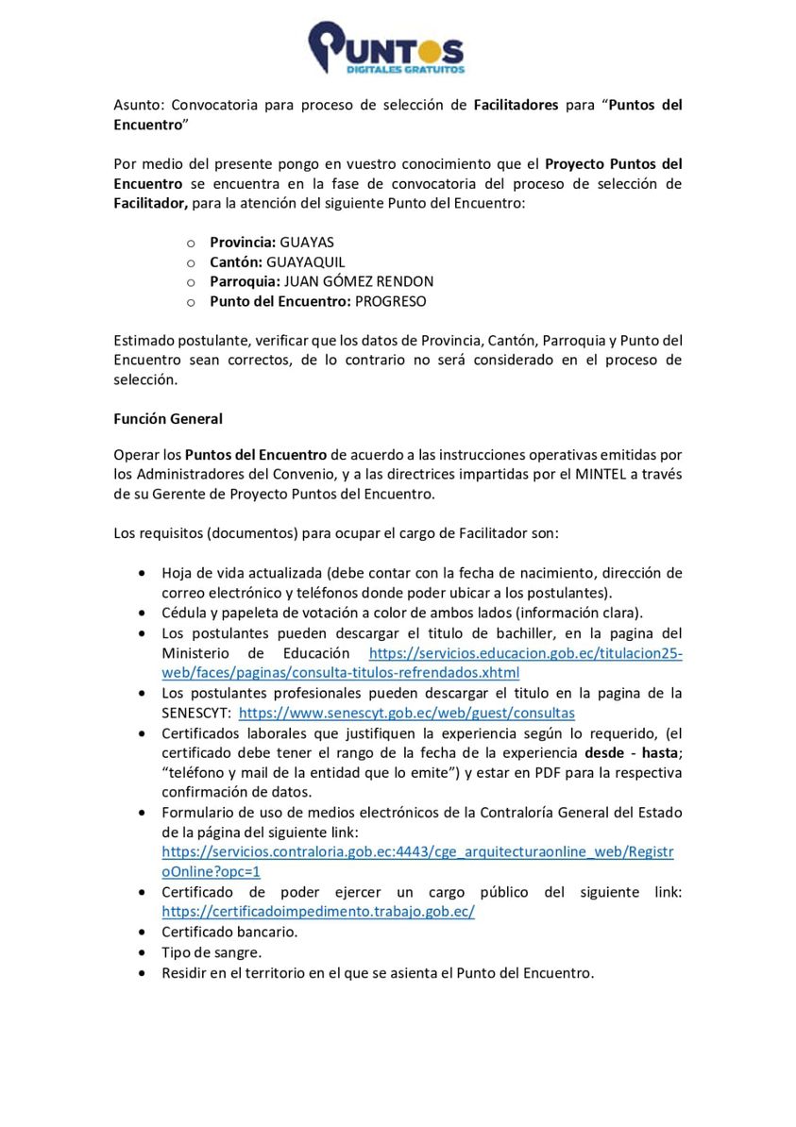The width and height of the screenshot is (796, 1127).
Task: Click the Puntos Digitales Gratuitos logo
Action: tap(386, 49)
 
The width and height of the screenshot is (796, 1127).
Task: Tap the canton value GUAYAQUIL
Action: tap(306, 261)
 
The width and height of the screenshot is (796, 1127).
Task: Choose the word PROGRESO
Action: tap(390, 301)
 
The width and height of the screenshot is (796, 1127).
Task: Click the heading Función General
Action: tap(168, 418)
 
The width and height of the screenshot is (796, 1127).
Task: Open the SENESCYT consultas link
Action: tap(406, 713)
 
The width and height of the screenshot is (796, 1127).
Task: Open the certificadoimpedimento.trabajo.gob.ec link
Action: tap(318, 912)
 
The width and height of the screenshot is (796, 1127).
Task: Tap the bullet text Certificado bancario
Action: tap(229, 932)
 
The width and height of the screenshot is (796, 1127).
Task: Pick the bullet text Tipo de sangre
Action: tap(212, 952)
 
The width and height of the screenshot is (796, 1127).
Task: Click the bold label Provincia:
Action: tap(243, 242)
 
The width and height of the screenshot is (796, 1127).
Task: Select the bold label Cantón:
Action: tap(236, 261)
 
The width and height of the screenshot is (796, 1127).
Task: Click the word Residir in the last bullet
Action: tap(186, 972)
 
